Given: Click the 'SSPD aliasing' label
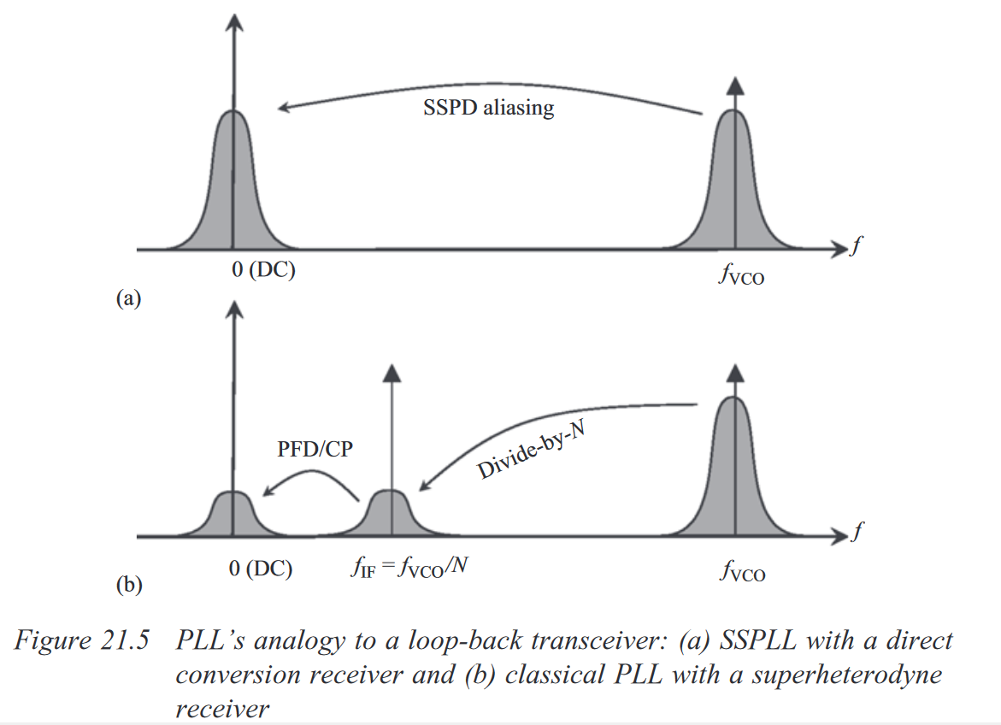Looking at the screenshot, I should click(x=488, y=108).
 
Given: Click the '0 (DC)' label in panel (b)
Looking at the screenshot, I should click(x=260, y=568).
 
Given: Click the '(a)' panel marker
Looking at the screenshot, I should click(x=128, y=298).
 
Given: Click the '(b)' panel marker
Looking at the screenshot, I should click(x=128, y=586).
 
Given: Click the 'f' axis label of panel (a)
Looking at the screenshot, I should click(x=856, y=247).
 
